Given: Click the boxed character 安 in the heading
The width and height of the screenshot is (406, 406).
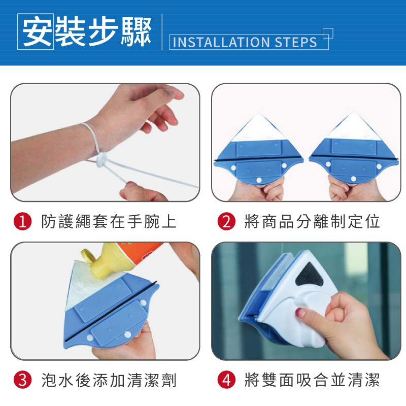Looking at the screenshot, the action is click(x=36, y=31).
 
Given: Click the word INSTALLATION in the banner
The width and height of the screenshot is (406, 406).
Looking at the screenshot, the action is click(x=221, y=42).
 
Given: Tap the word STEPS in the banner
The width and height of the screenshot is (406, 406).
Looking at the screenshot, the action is click(x=296, y=42).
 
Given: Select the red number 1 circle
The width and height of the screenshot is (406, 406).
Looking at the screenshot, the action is click(x=22, y=222).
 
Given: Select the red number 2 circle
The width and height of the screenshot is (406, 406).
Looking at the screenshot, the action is click(x=226, y=222).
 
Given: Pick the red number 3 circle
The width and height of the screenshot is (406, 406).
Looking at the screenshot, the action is click(x=22, y=380).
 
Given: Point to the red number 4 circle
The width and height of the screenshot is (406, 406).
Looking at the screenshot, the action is click(x=226, y=380).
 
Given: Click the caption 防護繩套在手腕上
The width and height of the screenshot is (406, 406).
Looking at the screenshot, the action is click(x=109, y=222).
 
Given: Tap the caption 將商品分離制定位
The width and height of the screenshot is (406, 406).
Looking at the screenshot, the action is click(x=312, y=222).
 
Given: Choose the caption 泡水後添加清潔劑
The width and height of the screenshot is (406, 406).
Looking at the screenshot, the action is click(x=109, y=380).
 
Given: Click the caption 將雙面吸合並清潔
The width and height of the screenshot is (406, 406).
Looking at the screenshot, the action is click(x=312, y=380).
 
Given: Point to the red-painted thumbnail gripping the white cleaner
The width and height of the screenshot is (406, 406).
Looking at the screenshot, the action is click(x=300, y=313).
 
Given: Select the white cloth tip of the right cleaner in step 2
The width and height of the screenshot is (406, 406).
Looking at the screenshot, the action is click(x=353, y=126).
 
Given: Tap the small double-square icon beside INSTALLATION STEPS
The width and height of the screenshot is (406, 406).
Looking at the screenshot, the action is click(x=328, y=33).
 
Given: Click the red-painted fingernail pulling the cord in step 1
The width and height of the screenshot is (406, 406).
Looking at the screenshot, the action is click(x=131, y=184).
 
